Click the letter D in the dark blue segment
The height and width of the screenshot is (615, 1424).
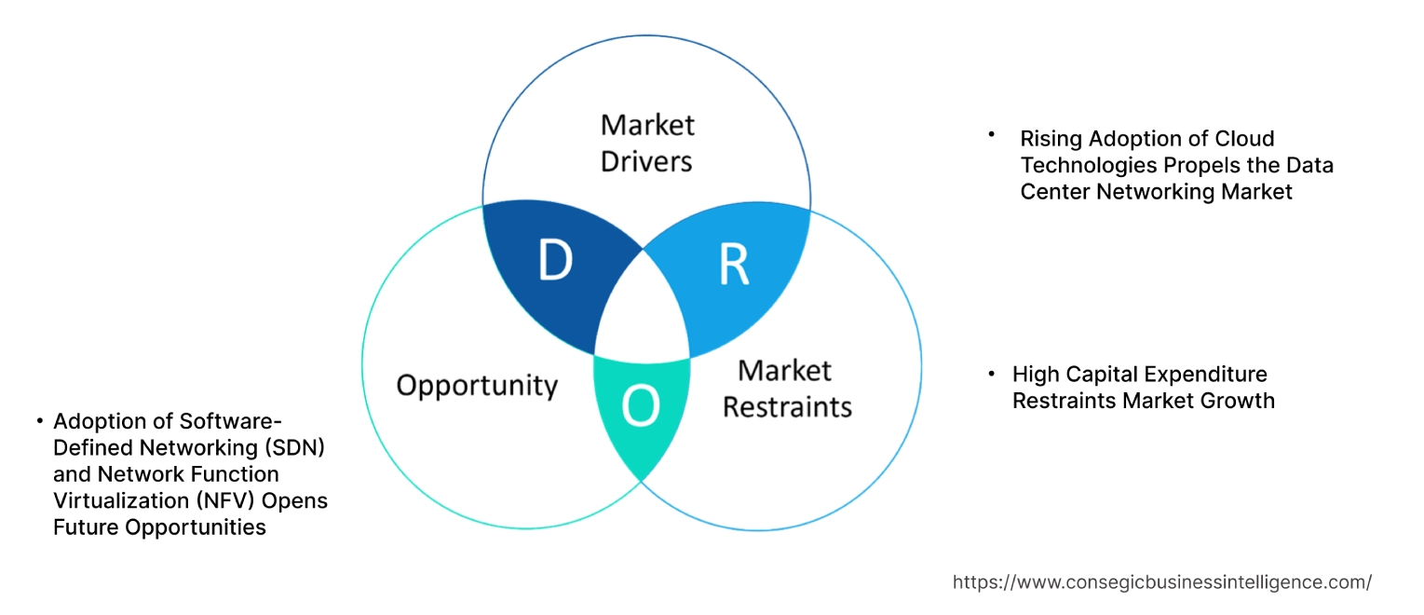(x=555, y=264)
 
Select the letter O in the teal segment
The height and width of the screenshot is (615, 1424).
(x=641, y=407)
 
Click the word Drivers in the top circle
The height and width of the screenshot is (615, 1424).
(x=646, y=161)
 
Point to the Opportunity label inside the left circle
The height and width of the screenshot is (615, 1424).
(x=477, y=386)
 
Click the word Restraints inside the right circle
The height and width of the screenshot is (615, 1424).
(x=787, y=407)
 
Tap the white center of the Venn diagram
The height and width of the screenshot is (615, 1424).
(x=643, y=312)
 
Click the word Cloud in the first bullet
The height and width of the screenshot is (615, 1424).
(x=1244, y=139)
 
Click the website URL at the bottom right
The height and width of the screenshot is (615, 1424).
(x=1161, y=582)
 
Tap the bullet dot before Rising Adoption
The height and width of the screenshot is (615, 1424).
(x=993, y=135)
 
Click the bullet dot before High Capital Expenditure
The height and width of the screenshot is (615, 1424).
(x=993, y=372)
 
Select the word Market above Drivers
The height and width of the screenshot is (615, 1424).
(x=647, y=125)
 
